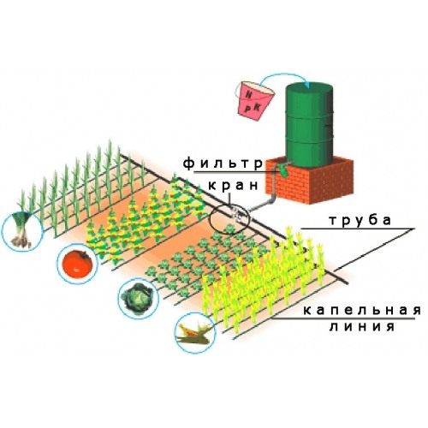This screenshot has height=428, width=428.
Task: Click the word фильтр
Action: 223,164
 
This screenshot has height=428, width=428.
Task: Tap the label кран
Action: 233,186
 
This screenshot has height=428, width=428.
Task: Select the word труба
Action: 360,221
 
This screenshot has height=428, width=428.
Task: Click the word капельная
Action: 362,311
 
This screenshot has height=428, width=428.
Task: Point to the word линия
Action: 362,326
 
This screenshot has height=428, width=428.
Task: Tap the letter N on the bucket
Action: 249,96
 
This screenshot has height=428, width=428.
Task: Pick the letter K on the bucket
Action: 258,107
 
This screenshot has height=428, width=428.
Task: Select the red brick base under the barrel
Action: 310,181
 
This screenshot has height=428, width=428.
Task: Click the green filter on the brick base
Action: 284,170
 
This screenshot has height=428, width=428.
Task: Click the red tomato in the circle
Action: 78,262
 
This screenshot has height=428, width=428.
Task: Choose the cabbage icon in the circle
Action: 137,297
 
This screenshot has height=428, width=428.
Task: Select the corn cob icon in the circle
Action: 195,332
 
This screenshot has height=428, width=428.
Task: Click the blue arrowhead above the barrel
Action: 307,85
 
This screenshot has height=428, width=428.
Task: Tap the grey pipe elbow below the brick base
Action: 270,199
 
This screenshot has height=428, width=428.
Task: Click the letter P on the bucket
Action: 247,109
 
